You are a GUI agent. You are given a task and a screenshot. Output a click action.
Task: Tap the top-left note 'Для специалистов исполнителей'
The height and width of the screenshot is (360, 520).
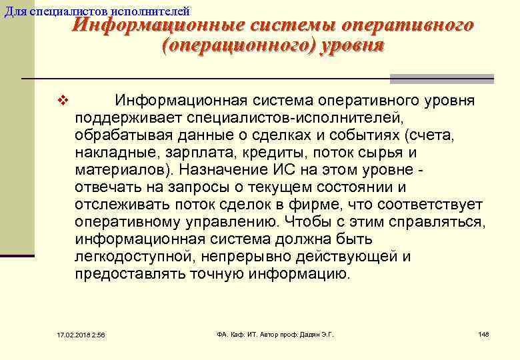[97, 11]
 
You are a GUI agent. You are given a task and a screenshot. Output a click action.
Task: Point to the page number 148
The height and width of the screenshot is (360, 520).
[483, 333]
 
